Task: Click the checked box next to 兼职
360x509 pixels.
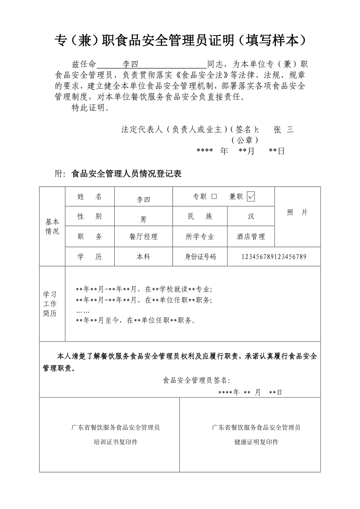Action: pos(251,197)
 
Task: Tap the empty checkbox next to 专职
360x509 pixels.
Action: pos(214,197)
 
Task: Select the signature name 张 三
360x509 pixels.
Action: pos(284,130)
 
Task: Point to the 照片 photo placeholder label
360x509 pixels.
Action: pos(297,212)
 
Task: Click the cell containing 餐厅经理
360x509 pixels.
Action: pos(143,237)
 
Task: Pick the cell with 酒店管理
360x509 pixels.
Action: pos(251,237)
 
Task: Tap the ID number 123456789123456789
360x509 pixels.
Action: pos(274,257)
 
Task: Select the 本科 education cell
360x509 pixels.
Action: pos(143,257)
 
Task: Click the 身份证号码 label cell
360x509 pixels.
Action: pos(200,257)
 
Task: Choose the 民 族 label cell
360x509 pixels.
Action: pos(200,216)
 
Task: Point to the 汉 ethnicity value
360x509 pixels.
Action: pos(251,216)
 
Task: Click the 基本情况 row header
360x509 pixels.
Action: pos(52,226)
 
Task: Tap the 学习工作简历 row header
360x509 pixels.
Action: pos(50,304)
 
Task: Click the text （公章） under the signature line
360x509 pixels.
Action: pos(245,140)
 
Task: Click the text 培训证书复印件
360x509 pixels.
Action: pos(115,442)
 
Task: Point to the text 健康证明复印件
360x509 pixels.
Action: pos(256,442)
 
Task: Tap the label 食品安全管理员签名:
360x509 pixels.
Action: pos(196,380)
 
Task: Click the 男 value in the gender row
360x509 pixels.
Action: pos(143,219)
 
